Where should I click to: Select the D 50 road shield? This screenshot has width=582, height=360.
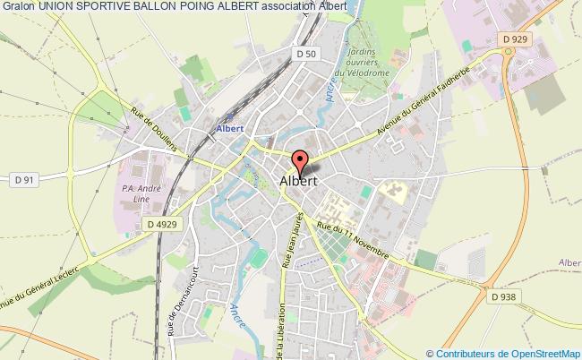tap(304, 55)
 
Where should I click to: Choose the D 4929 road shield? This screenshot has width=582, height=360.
tap(163, 224)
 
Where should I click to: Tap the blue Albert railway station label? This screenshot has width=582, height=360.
tap(228, 127)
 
